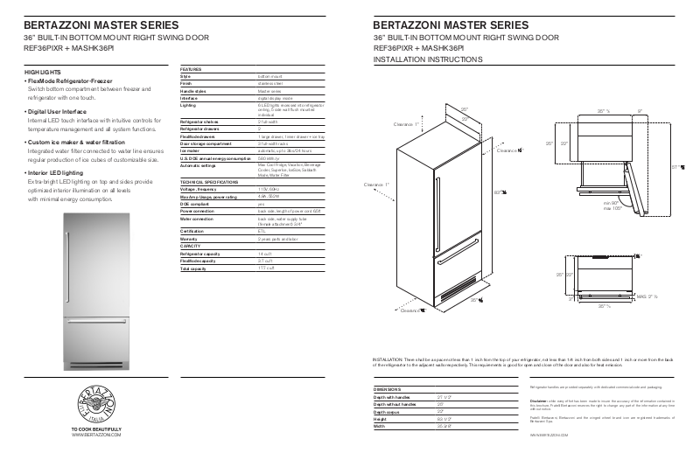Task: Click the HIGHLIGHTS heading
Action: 42,71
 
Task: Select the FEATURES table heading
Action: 192,68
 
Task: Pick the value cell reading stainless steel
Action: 250,83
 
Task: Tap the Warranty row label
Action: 190,238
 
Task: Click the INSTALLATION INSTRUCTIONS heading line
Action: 427,59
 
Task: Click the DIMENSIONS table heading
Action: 390,388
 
